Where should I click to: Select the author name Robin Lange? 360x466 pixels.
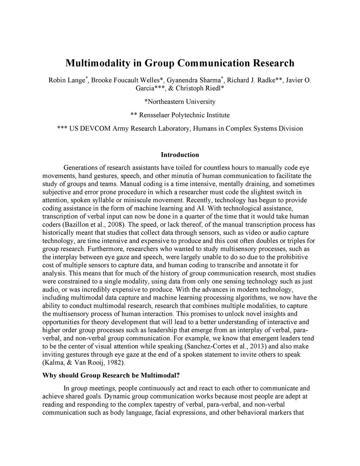point(66,80)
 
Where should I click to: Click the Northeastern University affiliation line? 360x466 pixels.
point(180,102)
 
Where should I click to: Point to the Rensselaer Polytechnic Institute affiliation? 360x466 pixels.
point(180,115)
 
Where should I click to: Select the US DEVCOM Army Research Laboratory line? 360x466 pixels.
point(180,128)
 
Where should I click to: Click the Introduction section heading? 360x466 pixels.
point(180,155)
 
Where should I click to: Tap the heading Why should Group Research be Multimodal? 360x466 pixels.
point(111,375)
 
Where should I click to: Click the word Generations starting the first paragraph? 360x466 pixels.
point(81,168)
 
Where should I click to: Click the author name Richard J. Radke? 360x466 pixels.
point(253,80)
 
